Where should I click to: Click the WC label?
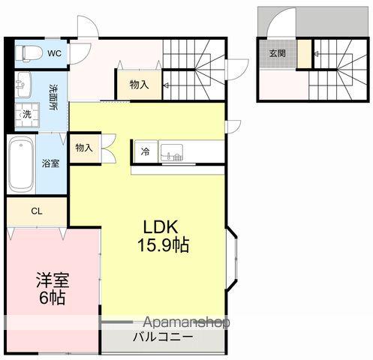click(x=54, y=53)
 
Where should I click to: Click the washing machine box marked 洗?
click(x=26, y=115)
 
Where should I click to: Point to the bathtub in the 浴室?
click(x=20, y=163)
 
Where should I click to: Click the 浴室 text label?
click(x=51, y=163)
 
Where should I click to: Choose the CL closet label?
click(x=36, y=211)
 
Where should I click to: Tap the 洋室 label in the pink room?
click(x=53, y=281)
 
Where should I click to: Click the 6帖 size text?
click(x=53, y=298)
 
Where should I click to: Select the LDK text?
click(x=161, y=227)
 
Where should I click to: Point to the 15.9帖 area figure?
click(x=162, y=244)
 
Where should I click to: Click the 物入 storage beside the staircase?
click(x=139, y=85)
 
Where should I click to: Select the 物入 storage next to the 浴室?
click(x=83, y=148)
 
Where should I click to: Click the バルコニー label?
click(x=163, y=337)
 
